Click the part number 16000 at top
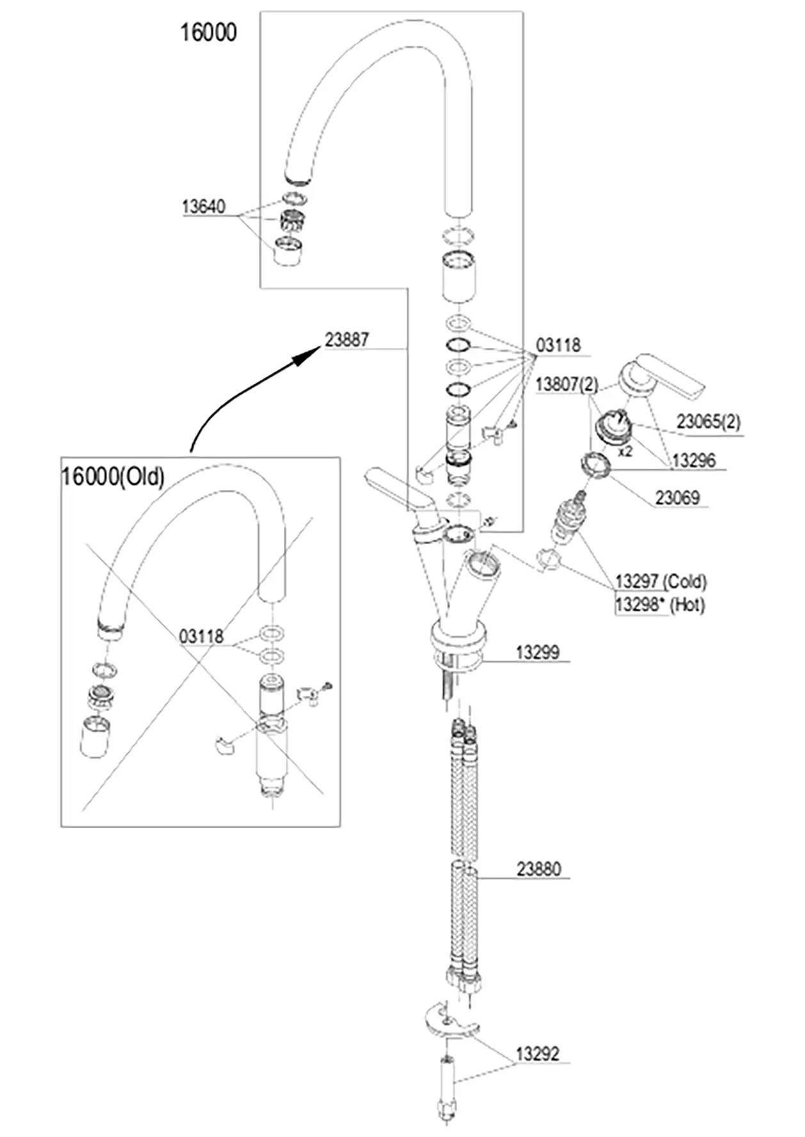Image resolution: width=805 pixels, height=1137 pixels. coord(208,32)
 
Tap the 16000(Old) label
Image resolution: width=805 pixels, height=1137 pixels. coord(113,476)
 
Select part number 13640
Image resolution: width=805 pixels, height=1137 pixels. coord(203,207)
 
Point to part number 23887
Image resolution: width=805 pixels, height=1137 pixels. coord(347,340)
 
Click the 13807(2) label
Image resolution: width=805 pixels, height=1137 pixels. coord(567,384)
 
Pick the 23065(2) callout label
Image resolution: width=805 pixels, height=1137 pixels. coord(708,421)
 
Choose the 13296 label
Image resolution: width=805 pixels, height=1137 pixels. coord(694,460)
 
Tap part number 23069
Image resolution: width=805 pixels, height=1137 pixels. coord(678,498)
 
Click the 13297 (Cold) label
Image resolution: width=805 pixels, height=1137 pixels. coord(661,581)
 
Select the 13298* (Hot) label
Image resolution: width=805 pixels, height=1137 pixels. coord(660,604)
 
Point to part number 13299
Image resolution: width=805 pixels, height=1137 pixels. coord(538,652)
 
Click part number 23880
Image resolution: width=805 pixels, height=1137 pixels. coord(539,868)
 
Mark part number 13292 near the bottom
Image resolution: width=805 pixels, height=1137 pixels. coord(538,1053)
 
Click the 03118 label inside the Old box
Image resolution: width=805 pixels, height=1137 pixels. coord(202,636)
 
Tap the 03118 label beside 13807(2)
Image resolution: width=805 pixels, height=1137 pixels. coord(559,345)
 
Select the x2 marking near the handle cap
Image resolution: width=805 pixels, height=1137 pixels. coord(625,451)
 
